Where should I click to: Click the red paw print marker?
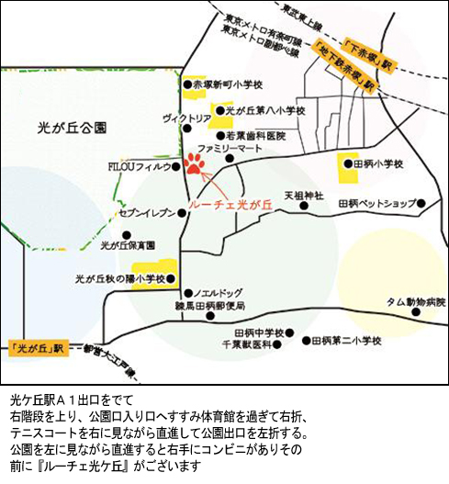pos(195,163)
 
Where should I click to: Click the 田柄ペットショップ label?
pos(376,203)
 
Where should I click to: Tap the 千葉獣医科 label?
pos(246,343)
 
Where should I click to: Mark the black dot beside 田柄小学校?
pos(346,163)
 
